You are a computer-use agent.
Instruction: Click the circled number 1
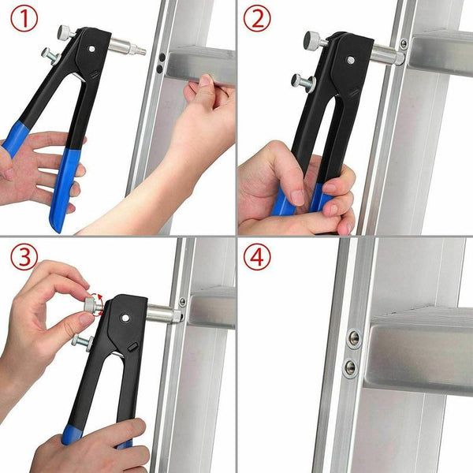tap(23, 20)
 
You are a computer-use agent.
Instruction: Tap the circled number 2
tap(258, 20)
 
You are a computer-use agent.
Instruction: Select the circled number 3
tap(22, 257)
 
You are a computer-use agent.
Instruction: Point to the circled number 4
tap(257, 257)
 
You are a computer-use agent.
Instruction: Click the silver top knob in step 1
tap(65, 32)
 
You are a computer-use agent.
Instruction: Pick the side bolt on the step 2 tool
tap(301, 80)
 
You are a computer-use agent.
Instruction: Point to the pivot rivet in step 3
tap(125, 319)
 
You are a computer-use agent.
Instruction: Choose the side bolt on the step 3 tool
tap(83, 341)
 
